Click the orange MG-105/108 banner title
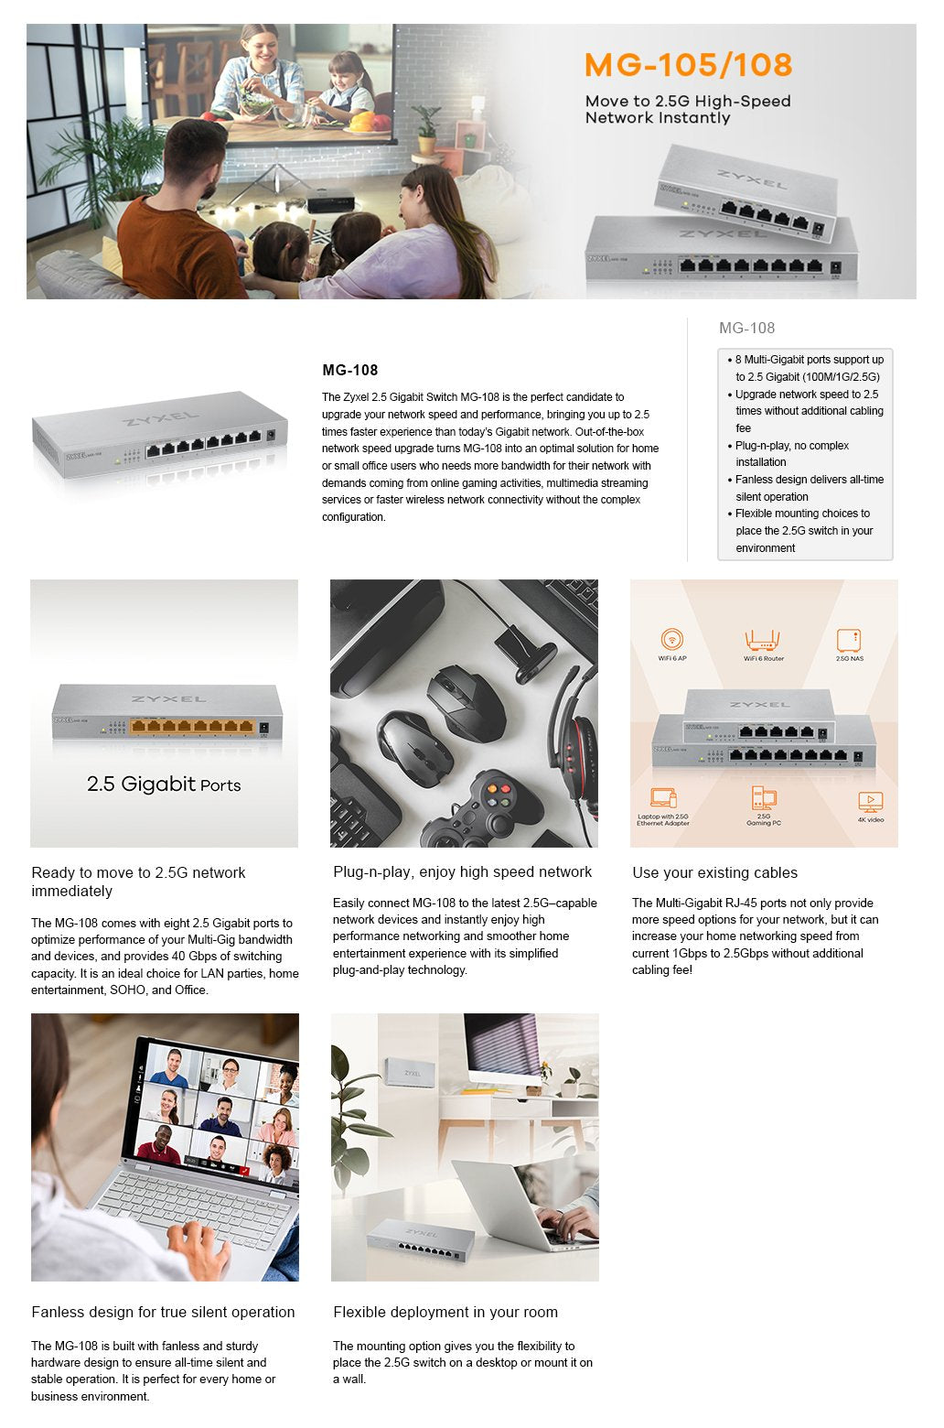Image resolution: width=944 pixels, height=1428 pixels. (x=688, y=65)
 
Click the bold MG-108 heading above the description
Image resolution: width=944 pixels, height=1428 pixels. (x=350, y=371)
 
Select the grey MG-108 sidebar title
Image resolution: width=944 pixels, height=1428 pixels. (x=746, y=329)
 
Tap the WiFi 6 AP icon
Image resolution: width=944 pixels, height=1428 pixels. (x=672, y=640)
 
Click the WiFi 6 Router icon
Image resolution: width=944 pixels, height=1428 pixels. (x=763, y=640)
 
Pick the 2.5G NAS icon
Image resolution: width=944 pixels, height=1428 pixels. (x=849, y=640)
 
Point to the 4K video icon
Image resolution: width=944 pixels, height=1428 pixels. (x=870, y=802)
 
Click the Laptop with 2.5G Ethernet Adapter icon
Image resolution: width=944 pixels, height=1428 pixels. (x=663, y=798)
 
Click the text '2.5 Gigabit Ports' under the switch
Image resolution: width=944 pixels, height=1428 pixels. (x=164, y=784)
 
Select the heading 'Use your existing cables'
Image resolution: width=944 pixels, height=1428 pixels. (x=714, y=873)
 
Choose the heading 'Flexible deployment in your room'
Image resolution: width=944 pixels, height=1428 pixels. (x=445, y=1313)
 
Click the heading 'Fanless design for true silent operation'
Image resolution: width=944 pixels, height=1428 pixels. (x=163, y=1313)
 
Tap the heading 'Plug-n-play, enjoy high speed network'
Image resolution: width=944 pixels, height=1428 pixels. (x=462, y=872)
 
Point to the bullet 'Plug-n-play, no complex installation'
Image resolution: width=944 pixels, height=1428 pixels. (x=792, y=454)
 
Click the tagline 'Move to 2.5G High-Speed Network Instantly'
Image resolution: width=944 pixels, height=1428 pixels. (x=688, y=110)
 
